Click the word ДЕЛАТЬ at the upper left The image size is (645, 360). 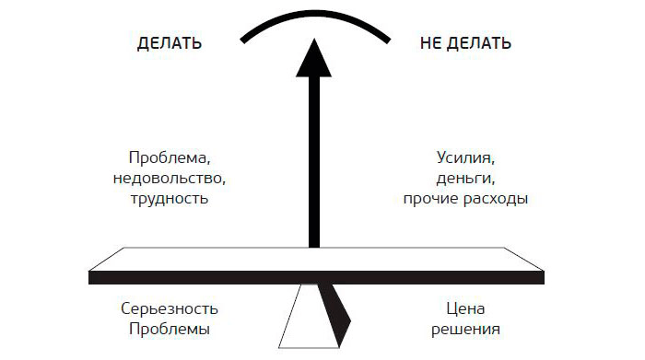click(169, 43)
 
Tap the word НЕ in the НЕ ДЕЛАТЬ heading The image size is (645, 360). click(430, 43)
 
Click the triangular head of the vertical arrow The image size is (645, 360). click(314, 58)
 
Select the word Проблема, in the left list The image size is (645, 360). click(170, 157)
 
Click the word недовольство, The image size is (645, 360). click(170, 179)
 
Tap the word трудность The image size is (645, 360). click(170, 199)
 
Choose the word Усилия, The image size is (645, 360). click(465, 157)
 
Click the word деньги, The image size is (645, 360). click(465, 179)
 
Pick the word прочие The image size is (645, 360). click(430, 199)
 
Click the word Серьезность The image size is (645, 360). click(170, 308)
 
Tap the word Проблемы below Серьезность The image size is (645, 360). click(170, 329)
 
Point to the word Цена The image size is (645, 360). click(465, 308)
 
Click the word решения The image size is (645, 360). click(465, 330)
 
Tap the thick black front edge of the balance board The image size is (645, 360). click(316, 277)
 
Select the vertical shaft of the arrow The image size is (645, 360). click(314, 162)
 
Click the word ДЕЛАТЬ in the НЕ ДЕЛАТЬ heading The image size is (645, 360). click(479, 43)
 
